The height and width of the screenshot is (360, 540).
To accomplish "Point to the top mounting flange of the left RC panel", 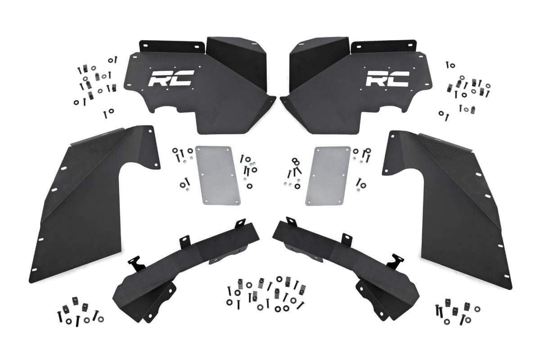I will (x=169, y=46).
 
